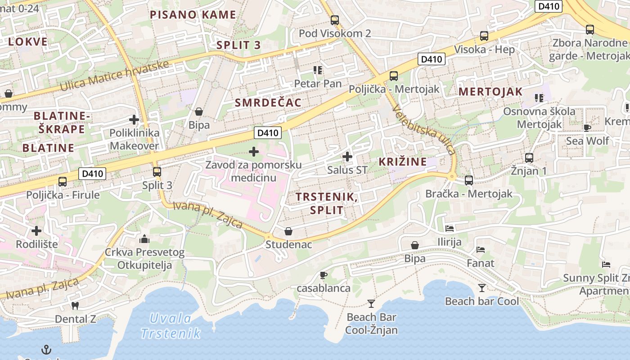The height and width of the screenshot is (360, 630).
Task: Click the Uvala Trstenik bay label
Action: click(x=171, y=326)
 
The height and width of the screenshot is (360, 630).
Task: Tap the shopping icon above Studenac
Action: click(x=288, y=231)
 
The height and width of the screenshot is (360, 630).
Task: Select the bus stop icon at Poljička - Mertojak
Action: click(x=394, y=76)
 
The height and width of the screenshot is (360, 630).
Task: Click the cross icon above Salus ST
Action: click(x=347, y=157)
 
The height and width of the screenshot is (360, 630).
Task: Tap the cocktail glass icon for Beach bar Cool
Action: click(x=482, y=288)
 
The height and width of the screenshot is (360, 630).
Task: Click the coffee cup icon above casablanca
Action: click(x=323, y=275)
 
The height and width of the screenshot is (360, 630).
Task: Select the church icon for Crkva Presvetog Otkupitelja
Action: click(x=144, y=238)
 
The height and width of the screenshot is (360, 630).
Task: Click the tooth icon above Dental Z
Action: click(x=75, y=306)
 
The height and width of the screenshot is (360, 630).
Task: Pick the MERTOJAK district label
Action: click(x=490, y=92)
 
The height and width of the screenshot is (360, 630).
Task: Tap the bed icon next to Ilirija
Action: click(x=450, y=229)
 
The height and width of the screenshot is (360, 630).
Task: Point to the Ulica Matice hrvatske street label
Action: click(x=114, y=75)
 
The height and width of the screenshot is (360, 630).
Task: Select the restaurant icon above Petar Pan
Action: click(x=318, y=70)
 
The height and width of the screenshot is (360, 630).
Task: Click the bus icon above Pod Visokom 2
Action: click(x=334, y=20)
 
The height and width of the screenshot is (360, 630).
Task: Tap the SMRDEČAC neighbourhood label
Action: click(x=268, y=103)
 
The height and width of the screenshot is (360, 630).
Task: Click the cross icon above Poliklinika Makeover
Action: click(x=134, y=120)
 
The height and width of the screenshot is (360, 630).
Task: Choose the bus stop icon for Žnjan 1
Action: click(x=529, y=157)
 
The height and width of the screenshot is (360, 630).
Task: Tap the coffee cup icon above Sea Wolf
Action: click(x=587, y=127)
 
